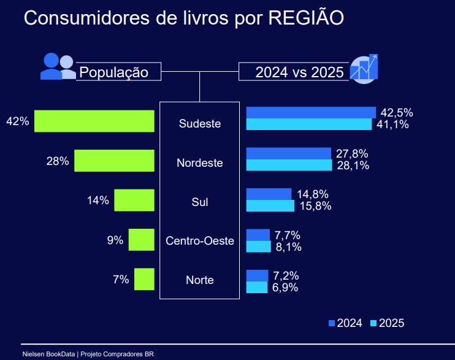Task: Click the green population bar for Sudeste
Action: pos(94,121)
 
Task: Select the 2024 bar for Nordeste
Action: pos(288,153)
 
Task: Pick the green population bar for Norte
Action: pos(144,280)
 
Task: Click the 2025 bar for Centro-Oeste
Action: pos(258,247)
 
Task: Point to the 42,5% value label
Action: pos(397,113)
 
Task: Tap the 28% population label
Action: pos(57,161)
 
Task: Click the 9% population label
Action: pos(115,240)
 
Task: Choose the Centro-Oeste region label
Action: pos(200,241)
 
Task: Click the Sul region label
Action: pos(200,202)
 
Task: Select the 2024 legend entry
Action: pos(345,323)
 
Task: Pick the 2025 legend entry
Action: pos(387,323)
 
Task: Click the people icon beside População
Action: pos(57,66)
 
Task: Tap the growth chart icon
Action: pos(364,68)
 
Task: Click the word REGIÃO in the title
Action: pos(306,18)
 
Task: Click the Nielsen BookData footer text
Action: pos(87,354)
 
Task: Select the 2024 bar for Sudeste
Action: pos(310,112)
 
